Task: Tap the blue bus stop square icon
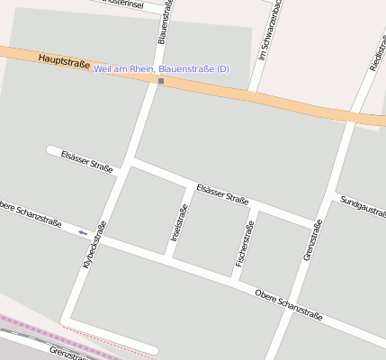[161, 81]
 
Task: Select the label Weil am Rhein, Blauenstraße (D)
[162, 69]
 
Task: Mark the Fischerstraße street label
[244, 243]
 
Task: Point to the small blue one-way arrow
[83, 232]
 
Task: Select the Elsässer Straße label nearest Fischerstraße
[222, 193]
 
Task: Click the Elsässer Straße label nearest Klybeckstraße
[86, 161]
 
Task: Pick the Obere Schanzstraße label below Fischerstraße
[290, 303]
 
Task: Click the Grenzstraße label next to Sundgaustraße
[311, 240]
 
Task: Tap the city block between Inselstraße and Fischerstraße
[210, 233]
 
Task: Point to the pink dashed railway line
[54, 331]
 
